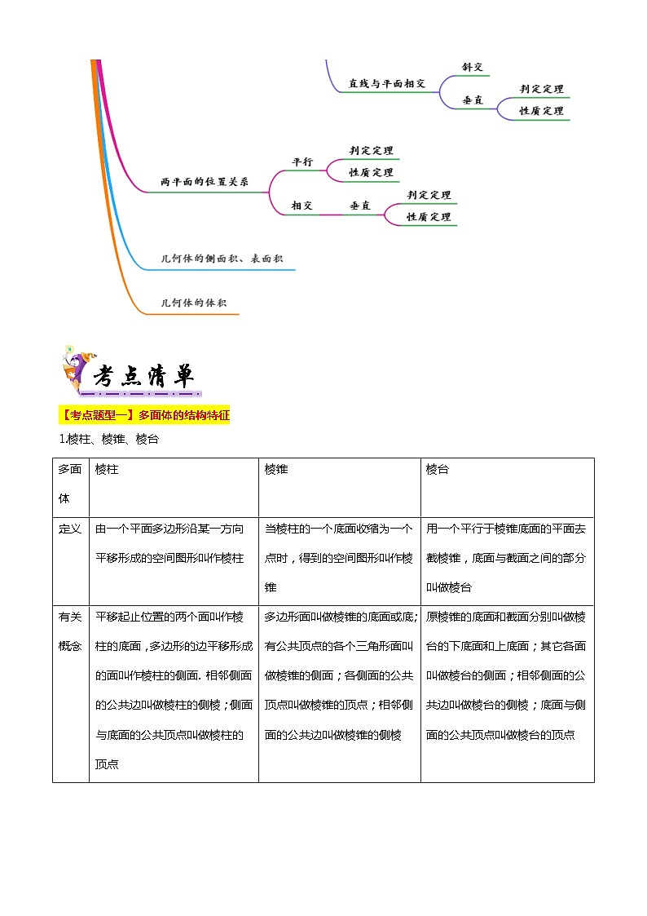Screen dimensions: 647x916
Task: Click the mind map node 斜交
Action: tap(473, 67)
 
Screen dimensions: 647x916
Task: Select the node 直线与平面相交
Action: tap(387, 83)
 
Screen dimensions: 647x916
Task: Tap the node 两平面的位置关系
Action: tap(205, 182)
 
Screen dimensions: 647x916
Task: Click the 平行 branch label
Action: tap(302, 162)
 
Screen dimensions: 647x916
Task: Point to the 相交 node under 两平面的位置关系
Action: tap(302, 206)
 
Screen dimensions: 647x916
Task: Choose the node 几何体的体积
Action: tap(194, 303)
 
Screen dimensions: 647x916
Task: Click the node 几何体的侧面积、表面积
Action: tap(222, 259)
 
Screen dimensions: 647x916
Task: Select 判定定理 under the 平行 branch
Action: tap(372, 150)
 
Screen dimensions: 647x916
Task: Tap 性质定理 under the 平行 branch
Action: tap(372, 172)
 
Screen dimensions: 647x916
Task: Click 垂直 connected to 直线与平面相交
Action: tap(473, 100)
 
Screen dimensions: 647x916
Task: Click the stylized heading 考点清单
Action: tap(143, 376)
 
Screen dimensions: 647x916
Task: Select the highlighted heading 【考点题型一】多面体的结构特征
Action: tap(145, 415)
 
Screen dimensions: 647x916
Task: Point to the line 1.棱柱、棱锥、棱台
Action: tap(108, 439)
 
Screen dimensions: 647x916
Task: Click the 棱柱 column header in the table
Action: tap(107, 470)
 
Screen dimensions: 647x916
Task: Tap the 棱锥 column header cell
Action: tap(276, 470)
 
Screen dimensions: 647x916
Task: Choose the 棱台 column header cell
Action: tap(438, 470)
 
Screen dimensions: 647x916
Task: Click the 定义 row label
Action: tap(70, 529)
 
